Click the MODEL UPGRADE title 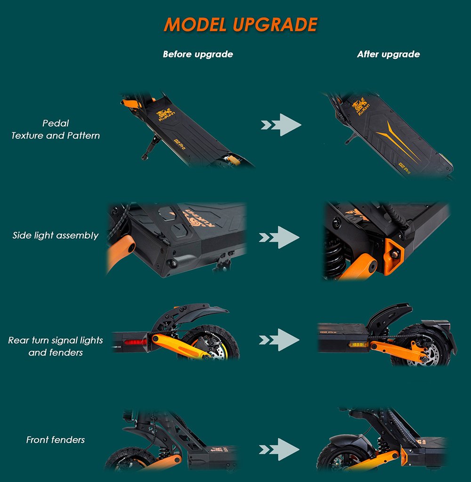click(x=241, y=24)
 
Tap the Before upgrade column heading click(x=198, y=55)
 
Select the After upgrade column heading click(x=388, y=55)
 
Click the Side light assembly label click(x=56, y=235)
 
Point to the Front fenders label click(x=56, y=440)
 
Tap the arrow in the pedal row click(x=281, y=125)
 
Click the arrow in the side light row click(x=279, y=237)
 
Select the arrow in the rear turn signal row click(x=279, y=340)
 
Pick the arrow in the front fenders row click(x=279, y=450)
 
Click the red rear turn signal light click(x=135, y=342)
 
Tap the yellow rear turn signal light click(x=357, y=345)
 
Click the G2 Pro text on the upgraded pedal click(x=404, y=168)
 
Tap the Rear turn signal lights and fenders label click(x=56, y=346)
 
